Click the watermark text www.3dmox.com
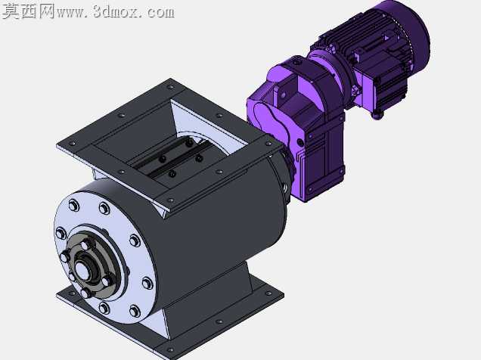coord(116,12)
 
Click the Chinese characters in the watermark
coord(28,11)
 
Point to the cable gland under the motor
coord(377,115)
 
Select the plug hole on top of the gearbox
coord(296,64)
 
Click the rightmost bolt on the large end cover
coord(147,283)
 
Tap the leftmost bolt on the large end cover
coord(61,234)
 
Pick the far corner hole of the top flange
coord(169,87)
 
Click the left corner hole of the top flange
coord(73,144)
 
